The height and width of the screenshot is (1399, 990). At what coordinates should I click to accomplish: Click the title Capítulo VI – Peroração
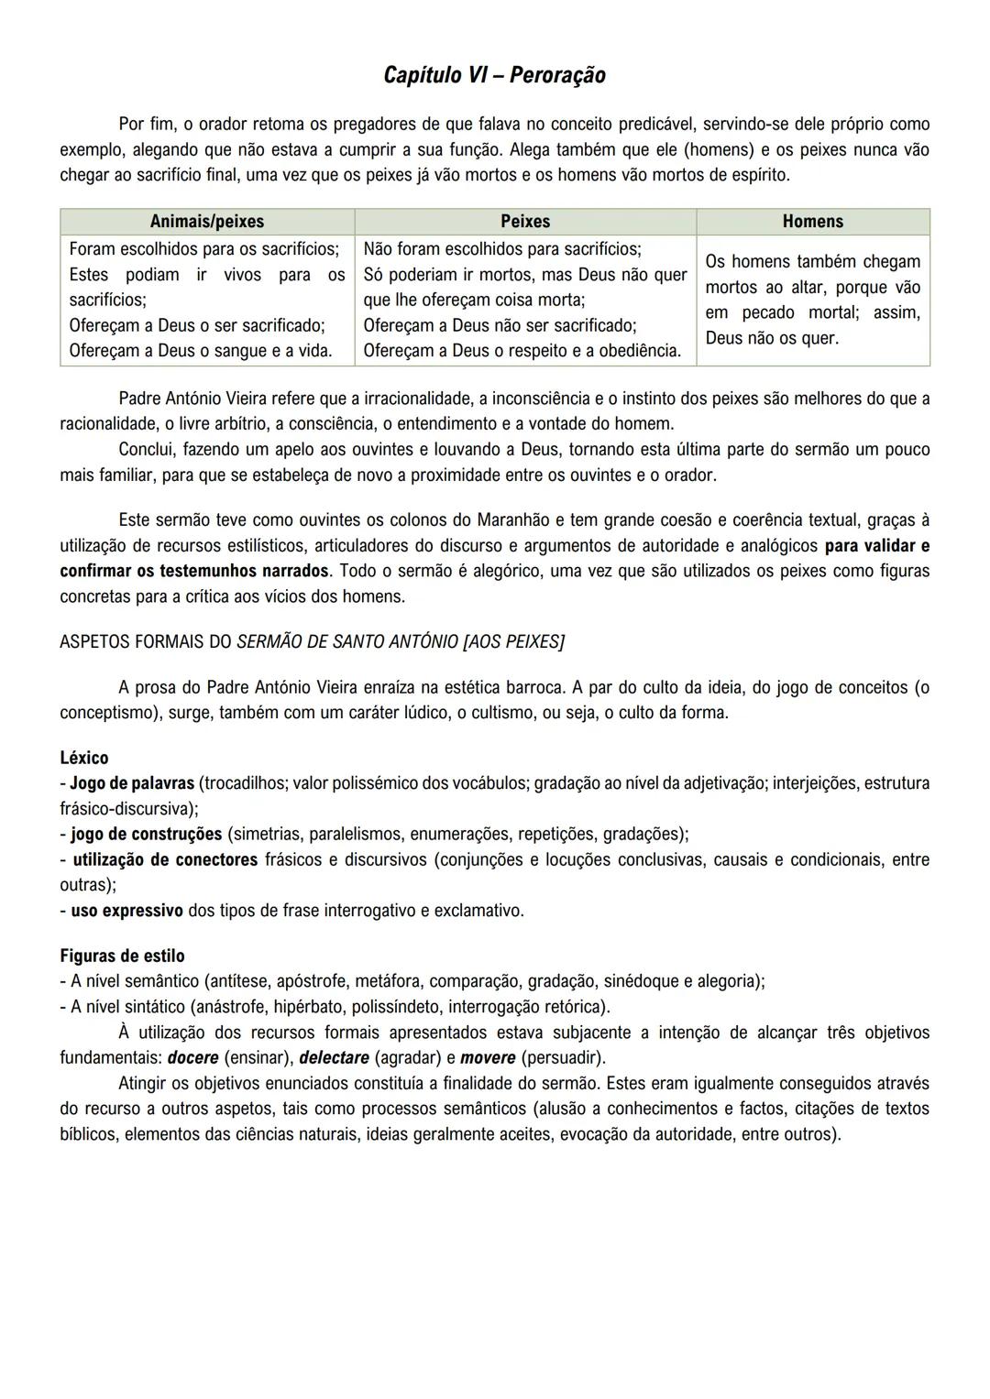pyautogui.click(x=494, y=75)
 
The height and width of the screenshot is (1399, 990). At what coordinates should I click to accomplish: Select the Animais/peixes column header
pyautogui.click(x=206, y=222)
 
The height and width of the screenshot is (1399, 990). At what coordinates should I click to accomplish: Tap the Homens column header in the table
pyautogui.click(x=812, y=222)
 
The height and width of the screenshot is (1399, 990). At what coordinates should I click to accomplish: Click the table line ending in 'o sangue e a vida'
pyautogui.click(x=201, y=351)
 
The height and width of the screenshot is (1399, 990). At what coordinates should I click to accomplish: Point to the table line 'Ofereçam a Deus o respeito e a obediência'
pyautogui.click(x=522, y=351)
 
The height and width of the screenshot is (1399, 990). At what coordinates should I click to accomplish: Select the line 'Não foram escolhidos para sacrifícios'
pyautogui.click(x=501, y=249)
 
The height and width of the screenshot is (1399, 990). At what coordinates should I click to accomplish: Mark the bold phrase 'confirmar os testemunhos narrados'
pyautogui.click(x=193, y=571)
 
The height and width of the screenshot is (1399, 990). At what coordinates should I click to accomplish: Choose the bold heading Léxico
pyautogui.click(x=84, y=758)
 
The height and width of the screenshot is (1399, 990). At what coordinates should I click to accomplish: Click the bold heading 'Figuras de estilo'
pyautogui.click(x=122, y=956)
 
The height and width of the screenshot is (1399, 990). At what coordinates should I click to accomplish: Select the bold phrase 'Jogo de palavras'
pyautogui.click(x=132, y=783)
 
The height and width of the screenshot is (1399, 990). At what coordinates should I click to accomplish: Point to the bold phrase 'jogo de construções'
pyautogui.click(x=146, y=834)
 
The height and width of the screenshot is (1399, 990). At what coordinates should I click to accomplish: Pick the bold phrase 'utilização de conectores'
pyautogui.click(x=165, y=859)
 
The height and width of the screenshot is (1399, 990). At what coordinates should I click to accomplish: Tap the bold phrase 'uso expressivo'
pyautogui.click(x=126, y=911)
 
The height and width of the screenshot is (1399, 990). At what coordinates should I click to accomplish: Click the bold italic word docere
pyautogui.click(x=192, y=1058)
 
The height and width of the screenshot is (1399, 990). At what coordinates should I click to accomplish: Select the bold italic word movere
pyautogui.click(x=488, y=1058)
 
